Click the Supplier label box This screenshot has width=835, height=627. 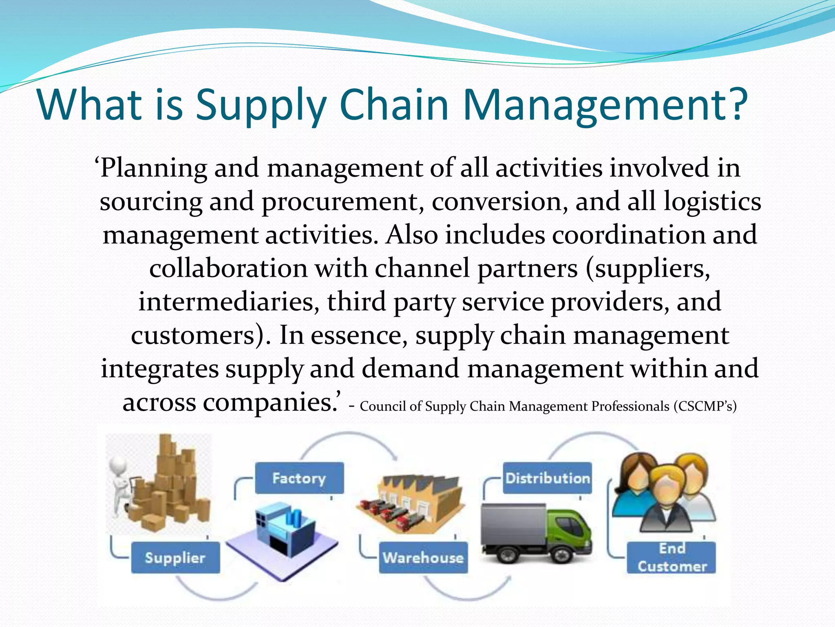point(175,558)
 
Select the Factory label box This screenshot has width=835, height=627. point(299,478)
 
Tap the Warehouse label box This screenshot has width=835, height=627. point(423,558)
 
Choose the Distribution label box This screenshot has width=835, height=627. point(547,478)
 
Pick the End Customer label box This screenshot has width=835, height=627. point(672,558)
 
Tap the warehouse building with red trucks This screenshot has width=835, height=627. point(410,504)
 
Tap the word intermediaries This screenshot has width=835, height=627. point(229,302)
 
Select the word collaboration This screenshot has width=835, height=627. point(228,269)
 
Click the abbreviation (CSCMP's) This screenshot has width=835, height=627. point(705,407)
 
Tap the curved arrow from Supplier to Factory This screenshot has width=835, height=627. point(216,590)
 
